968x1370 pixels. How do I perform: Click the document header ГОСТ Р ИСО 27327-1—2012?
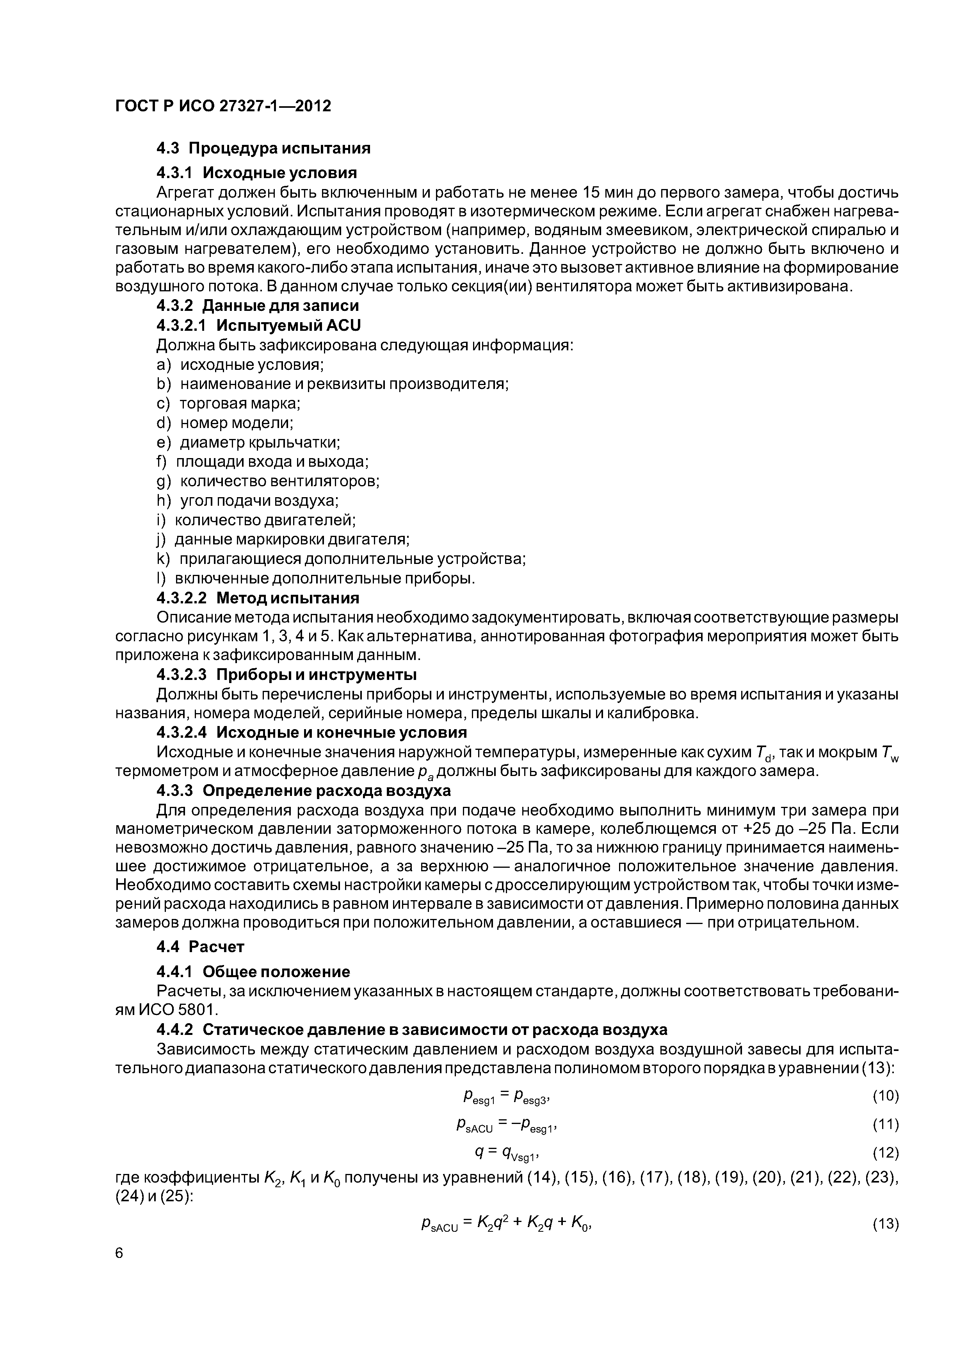tap(223, 106)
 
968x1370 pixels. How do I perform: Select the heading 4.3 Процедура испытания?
tap(263, 148)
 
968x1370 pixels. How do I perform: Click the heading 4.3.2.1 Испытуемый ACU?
tap(258, 325)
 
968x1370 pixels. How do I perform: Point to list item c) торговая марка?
tap(228, 403)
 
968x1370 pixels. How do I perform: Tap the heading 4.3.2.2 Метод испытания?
tap(258, 598)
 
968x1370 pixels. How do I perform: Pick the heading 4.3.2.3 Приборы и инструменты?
tap(286, 675)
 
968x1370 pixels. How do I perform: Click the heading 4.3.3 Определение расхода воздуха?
tap(304, 790)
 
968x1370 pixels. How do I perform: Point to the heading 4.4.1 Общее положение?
tap(253, 972)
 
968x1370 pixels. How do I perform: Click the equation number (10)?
tap(885, 1096)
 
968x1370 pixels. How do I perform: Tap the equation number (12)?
tap(885, 1153)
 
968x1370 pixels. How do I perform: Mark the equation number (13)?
tap(885, 1224)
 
